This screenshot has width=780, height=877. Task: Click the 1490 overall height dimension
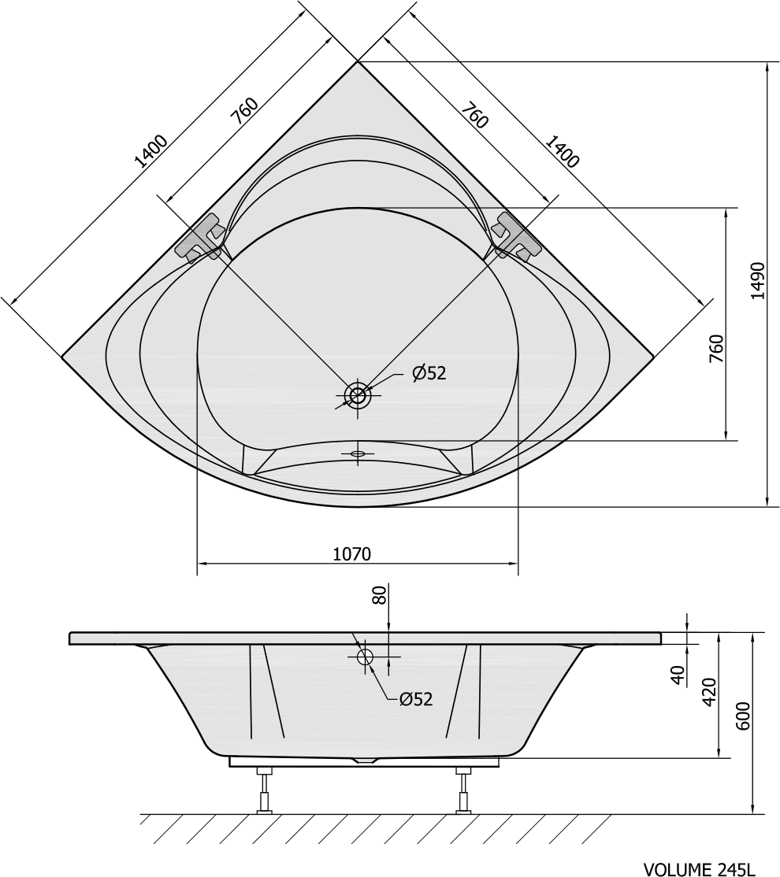click(757, 280)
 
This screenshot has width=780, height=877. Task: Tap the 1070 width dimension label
click(351, 553)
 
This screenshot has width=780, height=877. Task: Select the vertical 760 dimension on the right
click(716, 349)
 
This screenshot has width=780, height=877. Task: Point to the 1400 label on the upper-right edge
click(562, 151)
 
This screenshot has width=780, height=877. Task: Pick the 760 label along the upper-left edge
click(245, 111)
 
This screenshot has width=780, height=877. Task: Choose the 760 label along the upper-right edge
click(475, 115)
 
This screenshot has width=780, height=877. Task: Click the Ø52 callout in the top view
click(429, 372)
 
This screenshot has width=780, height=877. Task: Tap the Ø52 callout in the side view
click(416, 698)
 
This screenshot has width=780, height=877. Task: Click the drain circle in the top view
click(358, 395)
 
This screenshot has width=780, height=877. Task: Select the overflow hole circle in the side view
click(366, 657)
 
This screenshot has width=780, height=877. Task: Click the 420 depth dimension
click(709, 693)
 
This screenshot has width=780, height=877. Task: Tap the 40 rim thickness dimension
click(678, 675)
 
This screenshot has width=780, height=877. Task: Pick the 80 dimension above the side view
click(381, 594)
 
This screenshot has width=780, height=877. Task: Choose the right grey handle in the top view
click(516, 238)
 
